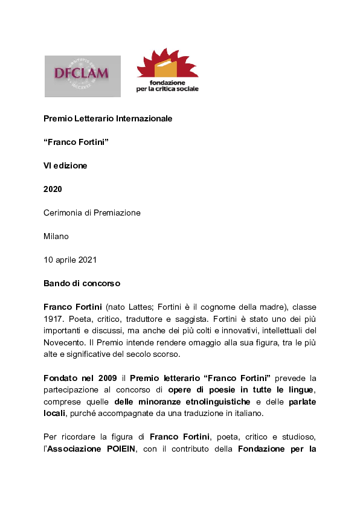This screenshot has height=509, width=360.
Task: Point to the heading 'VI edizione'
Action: [x=65, y=165]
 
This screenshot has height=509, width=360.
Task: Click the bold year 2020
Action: [x=53, y=189]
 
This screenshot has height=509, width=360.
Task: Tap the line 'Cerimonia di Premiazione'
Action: [x=92, y=213]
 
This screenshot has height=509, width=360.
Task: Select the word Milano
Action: [x=56, y=236]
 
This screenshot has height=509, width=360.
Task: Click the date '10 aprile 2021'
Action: [x=69, y=260]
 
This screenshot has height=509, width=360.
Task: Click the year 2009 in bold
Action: [x=106, y=378]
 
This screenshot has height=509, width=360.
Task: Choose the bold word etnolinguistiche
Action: [x=212, y=402]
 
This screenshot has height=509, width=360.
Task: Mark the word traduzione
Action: [x=239, y=414]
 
